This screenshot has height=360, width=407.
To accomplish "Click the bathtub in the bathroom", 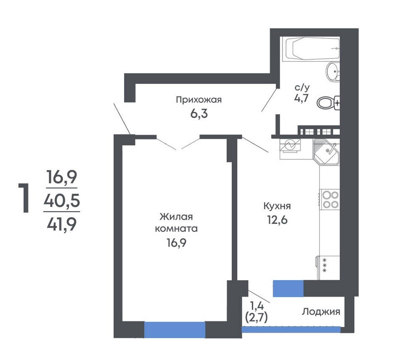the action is (x=312, y=48).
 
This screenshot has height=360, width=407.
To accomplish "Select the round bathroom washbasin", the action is (x=333, y=71).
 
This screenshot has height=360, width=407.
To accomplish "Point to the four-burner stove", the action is (x=330, y=199).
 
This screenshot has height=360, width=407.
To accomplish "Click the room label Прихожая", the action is (x=199, y=100).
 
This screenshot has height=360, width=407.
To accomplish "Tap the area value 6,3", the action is (x=199, y=114).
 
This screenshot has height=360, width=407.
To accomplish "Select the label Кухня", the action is (x=277, y=206).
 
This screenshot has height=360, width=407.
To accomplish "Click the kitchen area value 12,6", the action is (x=277, y=220).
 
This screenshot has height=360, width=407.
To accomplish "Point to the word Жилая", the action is (x=176, y=217).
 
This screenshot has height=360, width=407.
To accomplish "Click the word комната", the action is (x=176, y=229).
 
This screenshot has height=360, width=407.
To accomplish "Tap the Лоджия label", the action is (x=321, y=312).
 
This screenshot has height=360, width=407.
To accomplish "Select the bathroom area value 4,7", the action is (x=301, y=98).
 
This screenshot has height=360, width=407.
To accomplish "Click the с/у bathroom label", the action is (x=302, y=87).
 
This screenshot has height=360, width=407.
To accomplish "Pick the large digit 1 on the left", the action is (x=24, y=198).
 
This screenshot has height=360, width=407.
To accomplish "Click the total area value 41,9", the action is (x=62, y=224).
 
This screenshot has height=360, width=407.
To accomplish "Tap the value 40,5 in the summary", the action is (x=62, y=201).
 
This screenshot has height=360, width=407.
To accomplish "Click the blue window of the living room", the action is (x=174, y=330).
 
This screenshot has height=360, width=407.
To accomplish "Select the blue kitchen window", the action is (x=288, y=289).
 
